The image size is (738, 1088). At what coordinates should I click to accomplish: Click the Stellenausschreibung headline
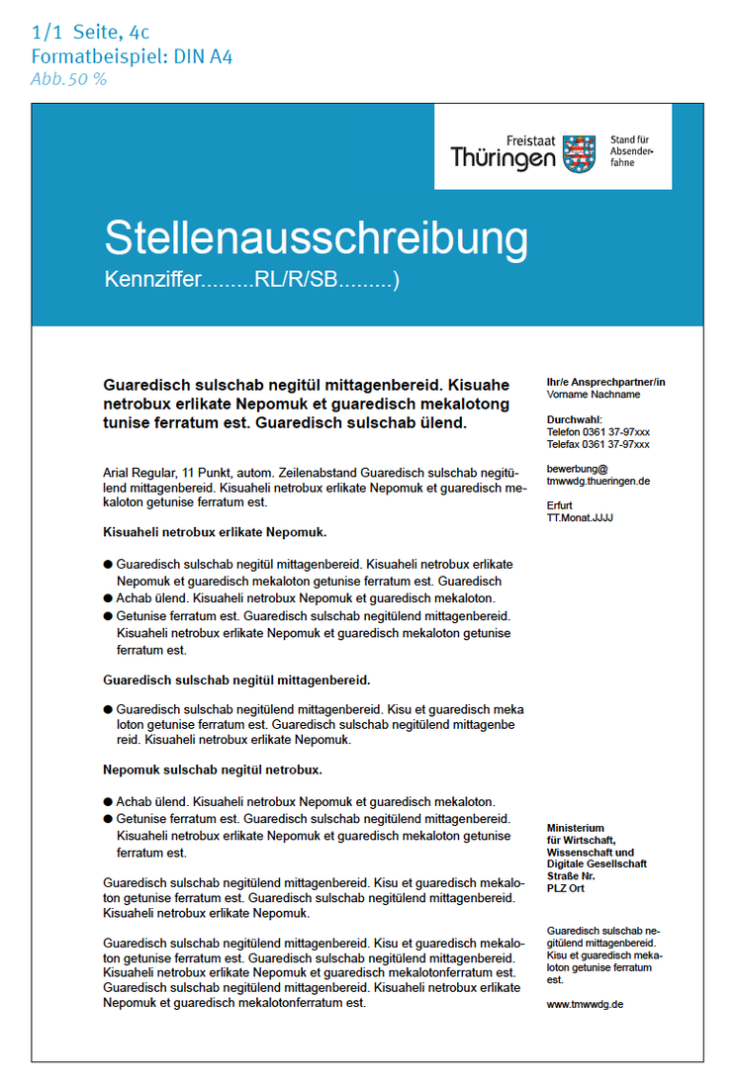point(316,239)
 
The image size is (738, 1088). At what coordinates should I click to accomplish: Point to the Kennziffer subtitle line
point(251,281)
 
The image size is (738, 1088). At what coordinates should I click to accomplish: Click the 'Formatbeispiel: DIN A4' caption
point(132,56)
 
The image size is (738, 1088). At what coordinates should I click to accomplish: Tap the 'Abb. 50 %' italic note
point(68,79)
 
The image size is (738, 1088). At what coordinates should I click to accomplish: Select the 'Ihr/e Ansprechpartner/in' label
point(605,382)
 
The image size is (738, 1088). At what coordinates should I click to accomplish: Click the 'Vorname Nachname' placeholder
point(593,394)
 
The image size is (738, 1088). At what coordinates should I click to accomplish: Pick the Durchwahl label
point(574,419)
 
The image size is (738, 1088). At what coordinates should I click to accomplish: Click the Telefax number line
point(598,444)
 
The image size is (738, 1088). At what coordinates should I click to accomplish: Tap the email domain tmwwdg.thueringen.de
point(598,481)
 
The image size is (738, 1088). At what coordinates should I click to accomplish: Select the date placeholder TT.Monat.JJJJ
point(580,516)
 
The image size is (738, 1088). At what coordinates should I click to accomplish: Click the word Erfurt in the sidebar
point(560,504)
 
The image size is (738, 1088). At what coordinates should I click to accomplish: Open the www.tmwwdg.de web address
point(585,1003)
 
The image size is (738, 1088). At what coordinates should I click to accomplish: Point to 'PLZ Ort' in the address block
point(567,887)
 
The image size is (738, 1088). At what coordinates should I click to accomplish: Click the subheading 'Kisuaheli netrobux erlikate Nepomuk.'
point(215,532)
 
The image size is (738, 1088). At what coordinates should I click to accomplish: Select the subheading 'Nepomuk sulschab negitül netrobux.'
point(213,769)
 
